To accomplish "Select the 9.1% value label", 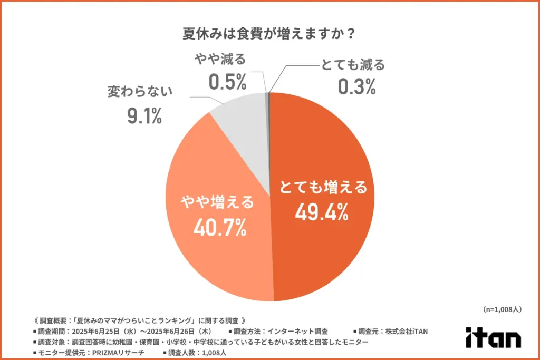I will (143, 115).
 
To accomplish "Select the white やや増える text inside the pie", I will (217, 202).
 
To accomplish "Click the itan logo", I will (493, 338).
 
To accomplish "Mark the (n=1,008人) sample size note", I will (502, 309).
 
